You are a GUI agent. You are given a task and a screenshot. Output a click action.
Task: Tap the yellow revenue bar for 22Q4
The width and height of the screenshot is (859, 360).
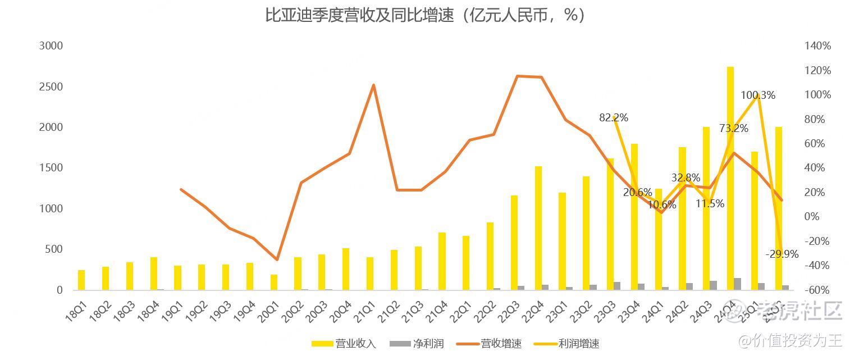click(538, 227)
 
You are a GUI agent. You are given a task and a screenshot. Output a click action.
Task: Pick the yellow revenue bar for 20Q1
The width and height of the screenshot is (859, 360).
click(274, 282)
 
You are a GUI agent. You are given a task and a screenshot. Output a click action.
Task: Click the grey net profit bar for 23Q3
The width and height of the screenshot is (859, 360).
click(617, 286)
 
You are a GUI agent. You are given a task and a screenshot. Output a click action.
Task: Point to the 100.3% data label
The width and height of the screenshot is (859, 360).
click(758, 95)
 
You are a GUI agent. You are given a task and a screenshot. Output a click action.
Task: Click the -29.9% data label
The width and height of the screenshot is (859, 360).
click(782, 254)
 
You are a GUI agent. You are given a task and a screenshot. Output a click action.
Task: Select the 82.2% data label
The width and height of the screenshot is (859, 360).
click(613, 118)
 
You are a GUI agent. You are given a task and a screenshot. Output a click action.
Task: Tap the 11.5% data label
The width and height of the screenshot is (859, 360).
click(710, 204)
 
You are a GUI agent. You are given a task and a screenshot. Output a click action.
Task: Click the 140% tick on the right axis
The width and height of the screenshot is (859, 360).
click(818, 46)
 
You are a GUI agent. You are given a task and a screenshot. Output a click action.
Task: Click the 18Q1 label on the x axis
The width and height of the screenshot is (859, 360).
click(75, 311)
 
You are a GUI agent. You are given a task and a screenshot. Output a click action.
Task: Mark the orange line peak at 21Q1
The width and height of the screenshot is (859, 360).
click(373, 85)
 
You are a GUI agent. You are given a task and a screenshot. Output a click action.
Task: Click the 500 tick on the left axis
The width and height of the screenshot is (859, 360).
click(54, 249)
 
